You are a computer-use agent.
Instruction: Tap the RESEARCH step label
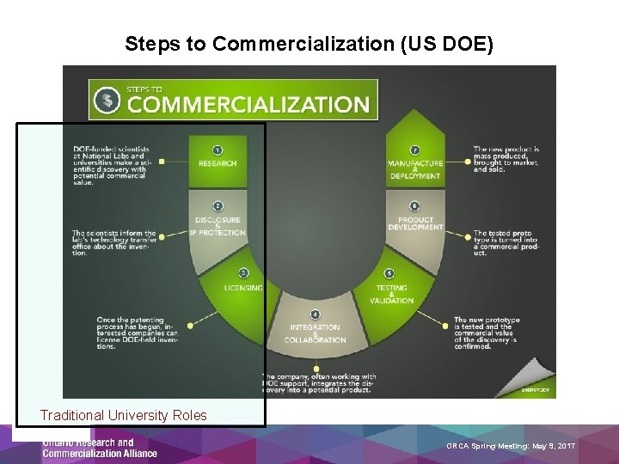(x=218, y=163)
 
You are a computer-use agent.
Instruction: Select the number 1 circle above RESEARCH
(x=218, y=150)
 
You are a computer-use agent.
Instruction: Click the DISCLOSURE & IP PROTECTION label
(x=218, y=226)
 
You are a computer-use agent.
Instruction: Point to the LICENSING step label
(x=243, y=288)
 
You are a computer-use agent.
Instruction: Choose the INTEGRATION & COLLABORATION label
(x=315, y=333)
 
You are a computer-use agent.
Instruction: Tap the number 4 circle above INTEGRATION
(x=316, y=314)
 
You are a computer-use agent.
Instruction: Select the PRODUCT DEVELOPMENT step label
(x=415, y=223)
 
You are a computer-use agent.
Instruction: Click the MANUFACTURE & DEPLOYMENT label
(x=415, y=169)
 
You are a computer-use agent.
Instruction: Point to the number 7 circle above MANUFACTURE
(x=415, y=150)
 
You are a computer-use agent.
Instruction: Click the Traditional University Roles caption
(x=123, y=415)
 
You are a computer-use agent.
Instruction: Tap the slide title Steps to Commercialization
(x=309, y=44)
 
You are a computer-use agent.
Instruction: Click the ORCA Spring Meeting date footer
(x=511, y=446)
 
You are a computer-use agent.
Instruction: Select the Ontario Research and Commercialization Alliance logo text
(x=100, y=449)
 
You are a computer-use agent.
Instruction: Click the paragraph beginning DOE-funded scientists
(x=109, y=166)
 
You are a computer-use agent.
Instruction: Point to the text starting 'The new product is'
(x=507, y=159)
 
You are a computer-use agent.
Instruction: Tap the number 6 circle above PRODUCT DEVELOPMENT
(x=415, y=206)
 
